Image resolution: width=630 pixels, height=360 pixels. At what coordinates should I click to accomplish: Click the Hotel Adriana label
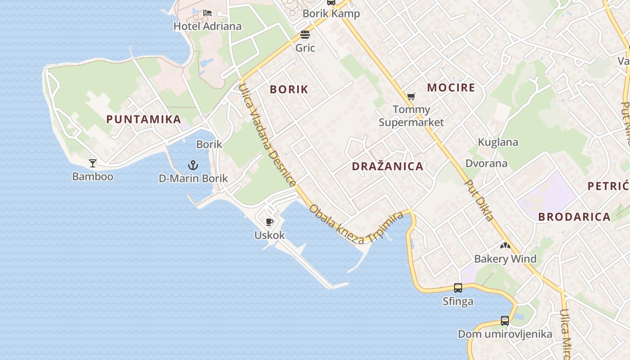(207, 26)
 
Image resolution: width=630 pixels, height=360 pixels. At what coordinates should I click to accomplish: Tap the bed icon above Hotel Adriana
(207, 13)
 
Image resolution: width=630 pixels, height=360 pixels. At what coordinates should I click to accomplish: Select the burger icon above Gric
(305, 35)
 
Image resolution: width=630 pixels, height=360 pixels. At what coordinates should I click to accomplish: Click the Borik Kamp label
(331, 13)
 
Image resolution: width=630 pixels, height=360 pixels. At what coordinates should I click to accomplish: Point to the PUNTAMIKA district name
(144, 119)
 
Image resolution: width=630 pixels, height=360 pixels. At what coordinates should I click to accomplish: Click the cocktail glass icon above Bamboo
(93, 163)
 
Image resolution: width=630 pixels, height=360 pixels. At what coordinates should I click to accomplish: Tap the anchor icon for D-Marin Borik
(193, 165)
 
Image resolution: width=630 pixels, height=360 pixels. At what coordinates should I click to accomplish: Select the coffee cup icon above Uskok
(270, 222)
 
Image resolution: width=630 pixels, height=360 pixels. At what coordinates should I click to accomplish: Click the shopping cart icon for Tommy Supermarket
(411, 96)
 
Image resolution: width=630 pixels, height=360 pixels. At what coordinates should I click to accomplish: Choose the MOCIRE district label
(451, 87)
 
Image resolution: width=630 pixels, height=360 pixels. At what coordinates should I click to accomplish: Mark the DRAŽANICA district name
(387, 166)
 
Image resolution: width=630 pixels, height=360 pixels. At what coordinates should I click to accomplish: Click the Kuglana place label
(498, 142)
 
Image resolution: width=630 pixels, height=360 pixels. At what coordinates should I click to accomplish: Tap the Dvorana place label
(486, 163)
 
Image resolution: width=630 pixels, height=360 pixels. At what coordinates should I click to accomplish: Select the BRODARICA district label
(574, 216)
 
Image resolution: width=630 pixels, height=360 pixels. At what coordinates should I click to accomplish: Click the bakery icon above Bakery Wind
(505, 246)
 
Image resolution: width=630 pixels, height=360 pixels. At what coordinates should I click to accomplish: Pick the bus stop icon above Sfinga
(458, 288)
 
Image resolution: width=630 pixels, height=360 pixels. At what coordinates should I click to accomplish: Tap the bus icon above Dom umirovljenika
(505, 321)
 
